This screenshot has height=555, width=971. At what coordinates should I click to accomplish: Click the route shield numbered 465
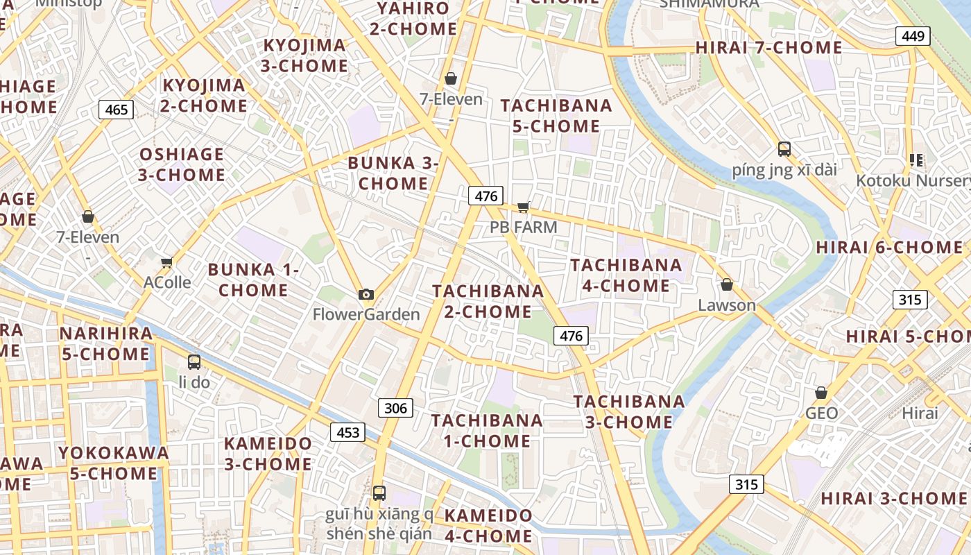[116, 109]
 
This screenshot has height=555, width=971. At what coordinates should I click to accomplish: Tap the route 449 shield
[912, 36]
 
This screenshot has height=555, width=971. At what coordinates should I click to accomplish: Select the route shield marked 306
[395, 407]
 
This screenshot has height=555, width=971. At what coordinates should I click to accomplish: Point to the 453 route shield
[347, 432]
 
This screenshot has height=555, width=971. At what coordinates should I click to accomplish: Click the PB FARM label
[524, 227]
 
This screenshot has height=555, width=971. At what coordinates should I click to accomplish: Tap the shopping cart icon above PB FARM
[524, 207]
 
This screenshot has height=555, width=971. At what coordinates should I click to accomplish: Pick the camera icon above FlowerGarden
[366, 294]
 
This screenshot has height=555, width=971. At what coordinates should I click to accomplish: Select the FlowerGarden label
[366, 314]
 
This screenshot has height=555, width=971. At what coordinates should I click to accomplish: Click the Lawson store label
[727, 305]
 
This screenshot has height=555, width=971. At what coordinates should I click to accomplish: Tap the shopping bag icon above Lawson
[727, 284]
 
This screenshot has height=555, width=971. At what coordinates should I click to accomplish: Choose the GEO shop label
[821, 413]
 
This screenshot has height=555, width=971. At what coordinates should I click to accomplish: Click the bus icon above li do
[194, 361]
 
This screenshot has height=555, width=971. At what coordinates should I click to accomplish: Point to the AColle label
[167, 282]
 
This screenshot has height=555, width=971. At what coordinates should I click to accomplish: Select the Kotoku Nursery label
[913, 180]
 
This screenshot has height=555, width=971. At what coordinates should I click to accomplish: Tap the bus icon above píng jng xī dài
[784, 148]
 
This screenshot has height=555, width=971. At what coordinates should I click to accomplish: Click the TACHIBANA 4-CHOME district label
[626, 275]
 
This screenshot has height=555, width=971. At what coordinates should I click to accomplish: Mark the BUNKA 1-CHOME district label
[253, 280]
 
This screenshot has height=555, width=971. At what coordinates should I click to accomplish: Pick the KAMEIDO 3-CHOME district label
[268, 453]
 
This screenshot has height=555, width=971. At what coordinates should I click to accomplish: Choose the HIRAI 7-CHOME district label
[768, 48]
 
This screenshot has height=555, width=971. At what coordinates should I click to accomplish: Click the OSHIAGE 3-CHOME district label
[182, 164]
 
